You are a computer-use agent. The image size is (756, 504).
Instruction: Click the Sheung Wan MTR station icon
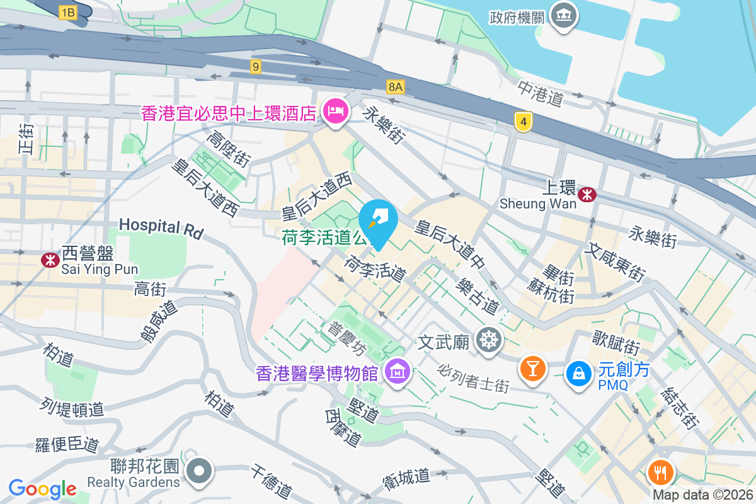(588, 194)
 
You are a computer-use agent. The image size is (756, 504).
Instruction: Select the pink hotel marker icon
(335, 112)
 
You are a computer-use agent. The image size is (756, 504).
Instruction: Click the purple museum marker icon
(398, 372)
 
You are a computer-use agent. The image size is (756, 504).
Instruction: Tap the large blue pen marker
(378, 220)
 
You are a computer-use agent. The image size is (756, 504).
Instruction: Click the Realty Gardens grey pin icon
(200, 470)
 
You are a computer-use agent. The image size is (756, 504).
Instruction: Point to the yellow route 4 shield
(522, 122)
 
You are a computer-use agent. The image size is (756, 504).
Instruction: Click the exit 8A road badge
(395, 87)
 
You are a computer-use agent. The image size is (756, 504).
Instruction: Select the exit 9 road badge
(255, 67)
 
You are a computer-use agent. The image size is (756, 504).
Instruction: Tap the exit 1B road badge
(67, 12)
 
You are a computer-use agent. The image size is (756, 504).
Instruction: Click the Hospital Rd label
(161, 227)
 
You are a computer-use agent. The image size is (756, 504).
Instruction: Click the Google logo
(42, 488)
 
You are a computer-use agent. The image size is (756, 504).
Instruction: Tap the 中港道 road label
(541, 93)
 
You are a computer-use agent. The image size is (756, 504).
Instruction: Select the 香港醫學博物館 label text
(317, 374)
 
